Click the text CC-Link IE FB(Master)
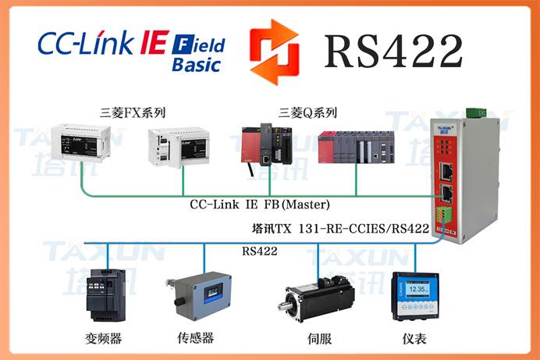(260, 205)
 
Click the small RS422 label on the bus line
(261, 251)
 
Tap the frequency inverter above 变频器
(108, 296)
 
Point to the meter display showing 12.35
(415, 296)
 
